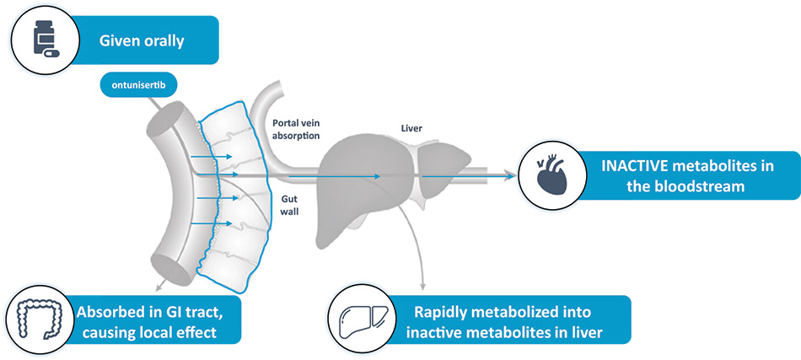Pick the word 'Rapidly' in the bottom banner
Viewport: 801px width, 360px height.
[x=443, y=311]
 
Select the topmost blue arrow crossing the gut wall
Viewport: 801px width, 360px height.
[x=206, y=156]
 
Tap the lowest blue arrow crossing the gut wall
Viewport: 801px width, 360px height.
[x=206, y=223]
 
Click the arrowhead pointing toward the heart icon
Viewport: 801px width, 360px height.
[x=511, y=175]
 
